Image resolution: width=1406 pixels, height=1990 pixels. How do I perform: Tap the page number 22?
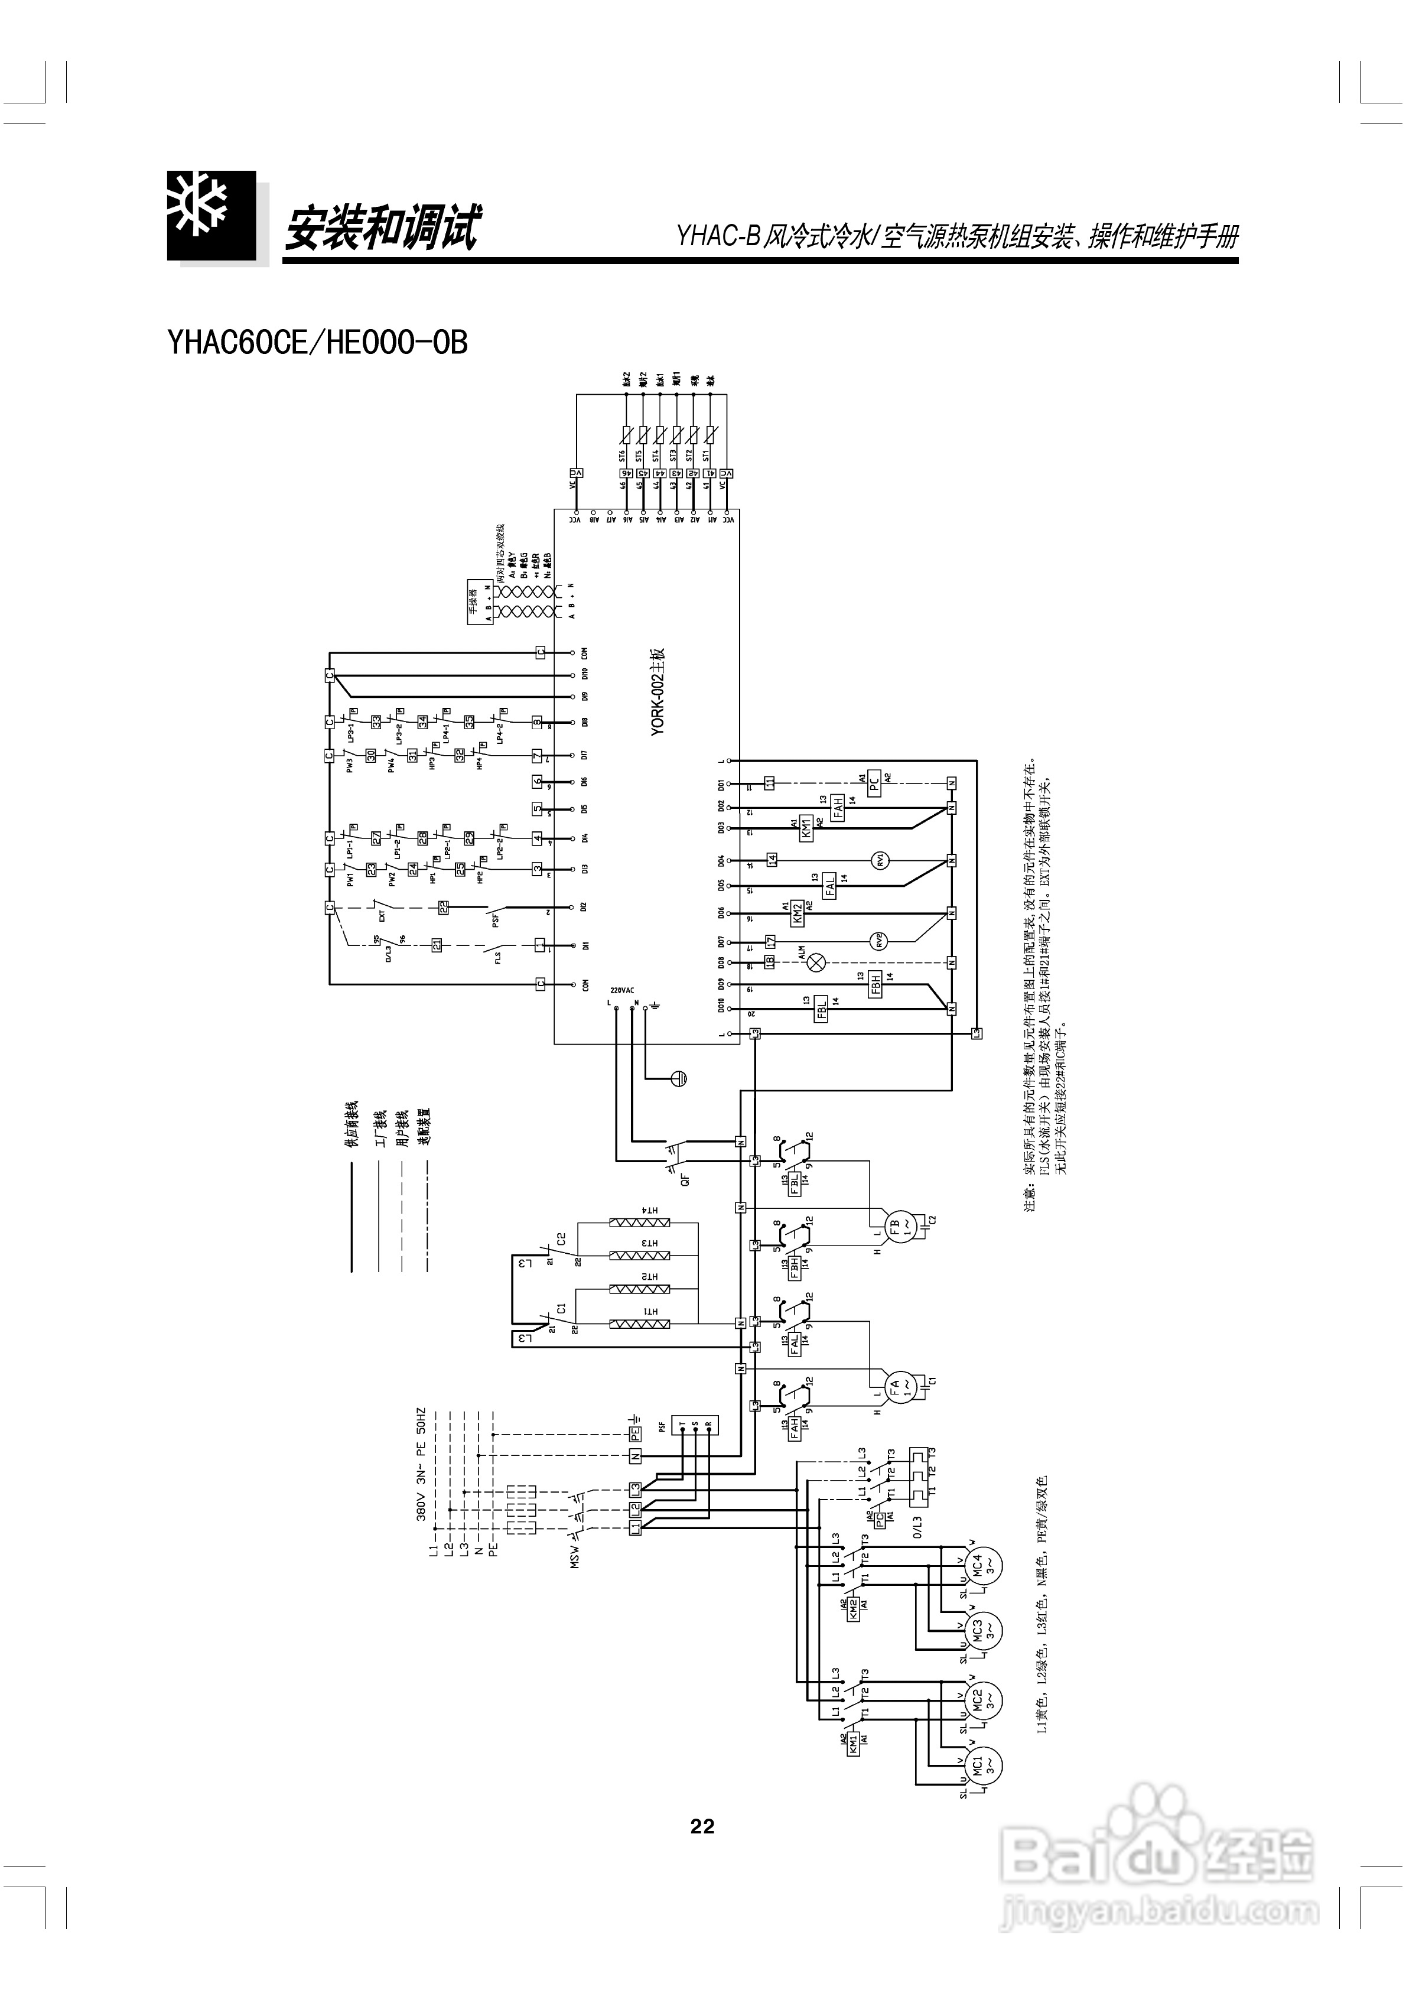point(702,1826)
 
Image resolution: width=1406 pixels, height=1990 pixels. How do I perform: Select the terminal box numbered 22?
point(443,906)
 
